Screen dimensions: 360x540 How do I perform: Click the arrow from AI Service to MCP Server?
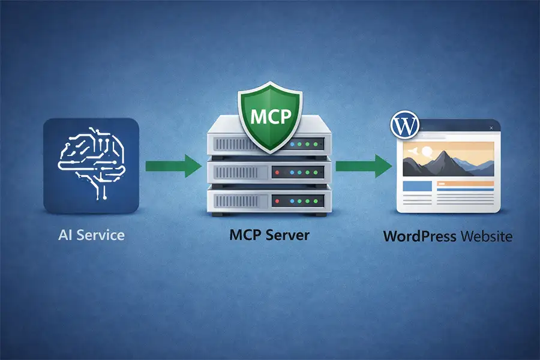click(175, 166)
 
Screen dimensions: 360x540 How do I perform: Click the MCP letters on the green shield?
click(269, 115)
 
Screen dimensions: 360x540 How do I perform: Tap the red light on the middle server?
click(278, 173)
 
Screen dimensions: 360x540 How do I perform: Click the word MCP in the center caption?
click(247, 235)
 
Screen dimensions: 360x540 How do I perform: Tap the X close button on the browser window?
click(492, 128)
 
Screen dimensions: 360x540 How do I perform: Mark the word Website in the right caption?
click(487, 236)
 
